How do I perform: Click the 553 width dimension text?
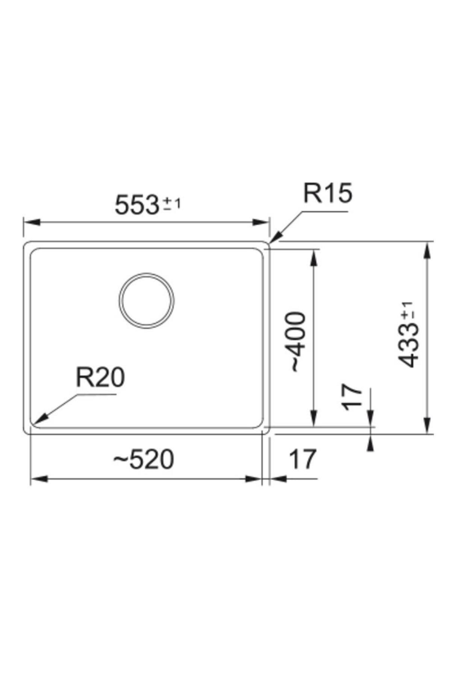click(x=136, y=205)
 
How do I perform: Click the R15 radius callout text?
click(x=328, y=194)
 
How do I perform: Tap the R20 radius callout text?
click(x=100, y=377)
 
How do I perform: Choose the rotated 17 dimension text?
click(x=352, y=397)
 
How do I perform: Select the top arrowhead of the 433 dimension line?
click(x=427, y=249)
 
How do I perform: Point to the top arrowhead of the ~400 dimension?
click(x=314, y=258)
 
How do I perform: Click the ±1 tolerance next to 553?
click(x=172, y=205)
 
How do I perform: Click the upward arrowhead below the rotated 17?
click(x=371, y=443)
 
